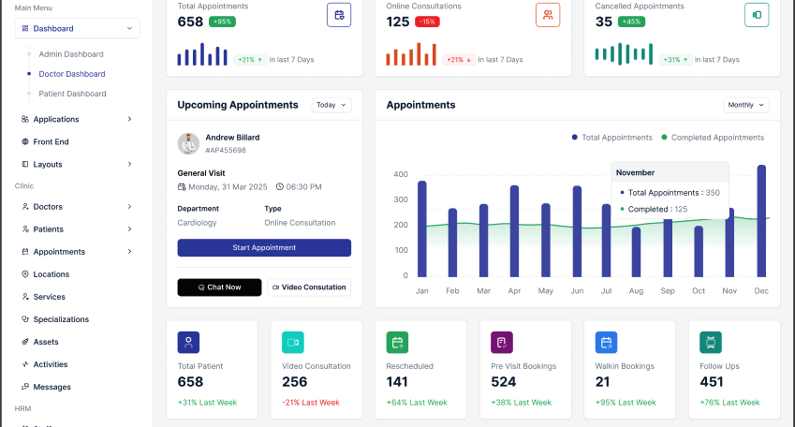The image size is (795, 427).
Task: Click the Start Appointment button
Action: (x=264, y=247)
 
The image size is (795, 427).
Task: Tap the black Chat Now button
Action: (x=219, y=287)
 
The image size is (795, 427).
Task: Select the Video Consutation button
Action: (x=309, y=287)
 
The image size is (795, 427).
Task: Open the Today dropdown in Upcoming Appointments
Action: (x=331, y=105)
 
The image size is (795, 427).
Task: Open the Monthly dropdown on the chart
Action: (x=745, y=105)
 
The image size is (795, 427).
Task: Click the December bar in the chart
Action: (x=761, y=221)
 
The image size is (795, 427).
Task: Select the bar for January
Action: (x=421, y=228)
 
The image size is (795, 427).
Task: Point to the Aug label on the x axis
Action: (x=636, y=290)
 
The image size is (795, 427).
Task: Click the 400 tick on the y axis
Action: (x=401, y=174)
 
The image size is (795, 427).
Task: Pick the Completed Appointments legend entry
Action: (x=713, y=138)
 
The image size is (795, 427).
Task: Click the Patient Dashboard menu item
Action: (x=72, y=94)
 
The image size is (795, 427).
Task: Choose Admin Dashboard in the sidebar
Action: (x=71, y=54)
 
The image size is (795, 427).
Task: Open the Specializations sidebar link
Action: (x=61, y=319)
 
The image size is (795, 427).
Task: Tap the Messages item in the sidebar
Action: (x=52, y=387)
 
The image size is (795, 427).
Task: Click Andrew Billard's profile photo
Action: (x=188, y=143)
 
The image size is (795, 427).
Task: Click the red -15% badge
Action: (x=427, y=22)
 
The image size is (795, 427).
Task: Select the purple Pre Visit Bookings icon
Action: (x=502, y=343)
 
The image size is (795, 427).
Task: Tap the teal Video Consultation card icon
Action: (x=293, y=343)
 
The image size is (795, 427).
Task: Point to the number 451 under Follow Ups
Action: (x=712, y=382)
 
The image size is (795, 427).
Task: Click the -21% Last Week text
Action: (x=311, y=403)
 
